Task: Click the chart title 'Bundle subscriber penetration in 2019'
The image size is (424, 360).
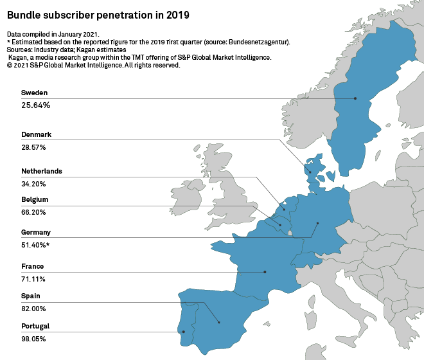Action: coord(98,14)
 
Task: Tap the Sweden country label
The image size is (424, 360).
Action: coord(34,93)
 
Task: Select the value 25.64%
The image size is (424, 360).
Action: coord(36,105)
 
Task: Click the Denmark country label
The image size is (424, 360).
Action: coord(36,134)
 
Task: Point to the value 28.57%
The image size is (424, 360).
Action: coord(33,147)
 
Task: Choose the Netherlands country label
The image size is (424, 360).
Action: coord(42,172)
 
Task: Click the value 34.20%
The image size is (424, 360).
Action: coord(33,184)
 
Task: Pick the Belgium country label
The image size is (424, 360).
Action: coord(35,200)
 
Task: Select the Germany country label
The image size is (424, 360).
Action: coord(36,232)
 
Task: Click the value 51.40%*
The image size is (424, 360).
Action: coord(35,245)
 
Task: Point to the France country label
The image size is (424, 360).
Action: coord(32,266)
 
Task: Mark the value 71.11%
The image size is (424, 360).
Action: coord(33,279)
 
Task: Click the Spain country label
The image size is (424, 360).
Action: coord(31,296)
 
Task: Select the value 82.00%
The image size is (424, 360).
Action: coord(34,309)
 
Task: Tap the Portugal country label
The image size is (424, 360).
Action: coord(35,326)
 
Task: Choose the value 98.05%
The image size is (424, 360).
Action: coord(33,339)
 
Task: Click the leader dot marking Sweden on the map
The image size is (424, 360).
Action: coord(355,98)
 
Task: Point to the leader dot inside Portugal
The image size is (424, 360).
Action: coord(184,332)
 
